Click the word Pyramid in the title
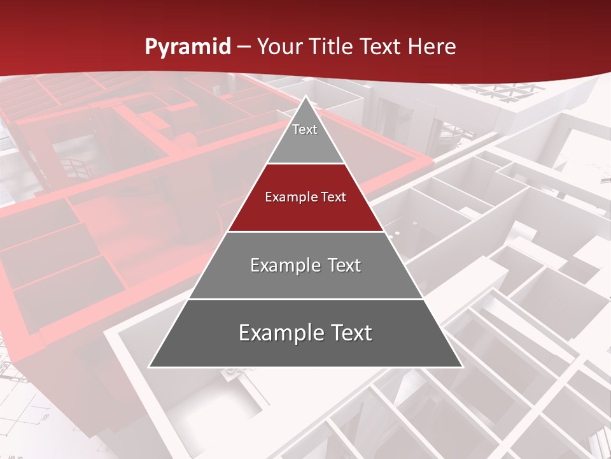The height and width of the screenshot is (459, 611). [x=187, y=47]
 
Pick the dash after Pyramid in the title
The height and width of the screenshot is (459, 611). [x=244, y=47]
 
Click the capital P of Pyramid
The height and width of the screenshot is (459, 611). [x=150, y=47]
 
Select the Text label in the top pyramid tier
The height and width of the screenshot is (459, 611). [x=305, y=129]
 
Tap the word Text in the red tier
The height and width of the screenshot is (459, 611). [x=334, y=197]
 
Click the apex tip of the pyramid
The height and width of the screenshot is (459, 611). [x=305, y=98]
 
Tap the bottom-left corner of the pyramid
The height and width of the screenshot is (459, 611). [x=150, y=367]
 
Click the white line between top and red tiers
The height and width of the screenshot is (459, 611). [x=305, y=164]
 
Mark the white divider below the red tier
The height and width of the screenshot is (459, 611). [x=305, y=231]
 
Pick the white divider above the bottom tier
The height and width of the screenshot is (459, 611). [x=305, y=299]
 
